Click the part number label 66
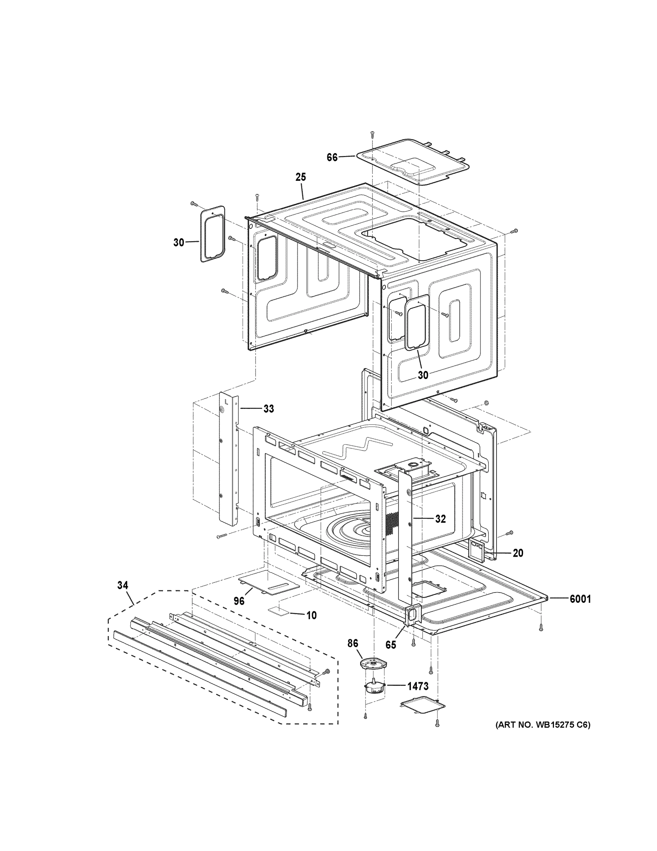coord(332,158)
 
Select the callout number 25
coord(300,177)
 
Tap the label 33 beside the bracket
coord(268,409)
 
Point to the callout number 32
coord(440,519)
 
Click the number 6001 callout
coord(580,599)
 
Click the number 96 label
coord(239,601)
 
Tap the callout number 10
coord(311,615)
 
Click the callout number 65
coord(390,645)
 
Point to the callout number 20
coord(518,553)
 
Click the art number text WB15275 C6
coord(543,725)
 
